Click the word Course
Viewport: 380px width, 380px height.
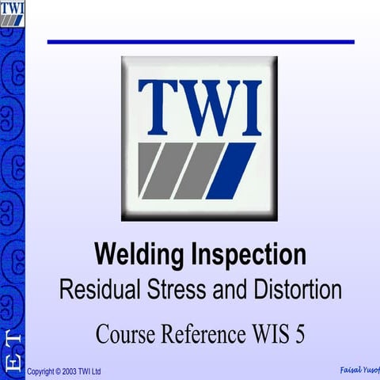point(128,333)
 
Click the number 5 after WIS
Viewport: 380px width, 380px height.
point(299,333)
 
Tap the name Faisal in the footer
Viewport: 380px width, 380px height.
point(349,370)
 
